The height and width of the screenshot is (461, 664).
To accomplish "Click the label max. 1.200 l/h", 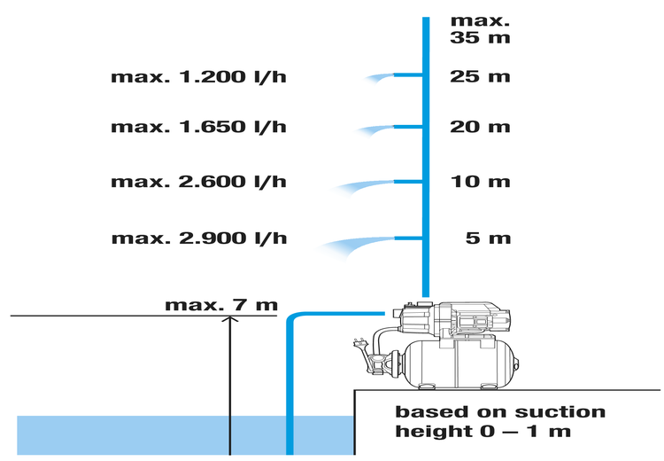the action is (198, 77).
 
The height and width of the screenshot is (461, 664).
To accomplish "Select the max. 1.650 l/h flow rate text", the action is (198, 127).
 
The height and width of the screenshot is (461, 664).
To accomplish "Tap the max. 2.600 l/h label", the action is (198, 182).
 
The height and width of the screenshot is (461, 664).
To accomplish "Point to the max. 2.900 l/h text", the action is (199, 238).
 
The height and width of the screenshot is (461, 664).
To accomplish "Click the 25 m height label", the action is (480, 77).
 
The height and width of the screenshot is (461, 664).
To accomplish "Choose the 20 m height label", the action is (480, 127).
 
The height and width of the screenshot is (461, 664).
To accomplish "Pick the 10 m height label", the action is (480, 182).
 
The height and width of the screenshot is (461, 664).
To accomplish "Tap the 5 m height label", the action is (488, 238).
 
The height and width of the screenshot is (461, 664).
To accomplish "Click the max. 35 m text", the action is (480, 29).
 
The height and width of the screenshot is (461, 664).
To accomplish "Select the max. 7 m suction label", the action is (221, 305).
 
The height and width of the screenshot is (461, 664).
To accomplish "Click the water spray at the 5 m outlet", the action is (357, 246).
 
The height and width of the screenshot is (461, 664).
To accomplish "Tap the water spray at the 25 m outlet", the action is (379, 79).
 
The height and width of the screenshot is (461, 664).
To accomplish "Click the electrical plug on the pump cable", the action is (359, 343).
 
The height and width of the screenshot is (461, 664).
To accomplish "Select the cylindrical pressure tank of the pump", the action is (459, 363).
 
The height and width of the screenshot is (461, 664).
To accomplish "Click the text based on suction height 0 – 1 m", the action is (500, 422).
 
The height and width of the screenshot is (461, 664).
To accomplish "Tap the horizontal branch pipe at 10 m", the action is (408, 182).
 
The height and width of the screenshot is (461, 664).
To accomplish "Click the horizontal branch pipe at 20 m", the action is (408, 127).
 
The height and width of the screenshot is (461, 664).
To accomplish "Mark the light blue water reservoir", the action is (186, 435).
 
